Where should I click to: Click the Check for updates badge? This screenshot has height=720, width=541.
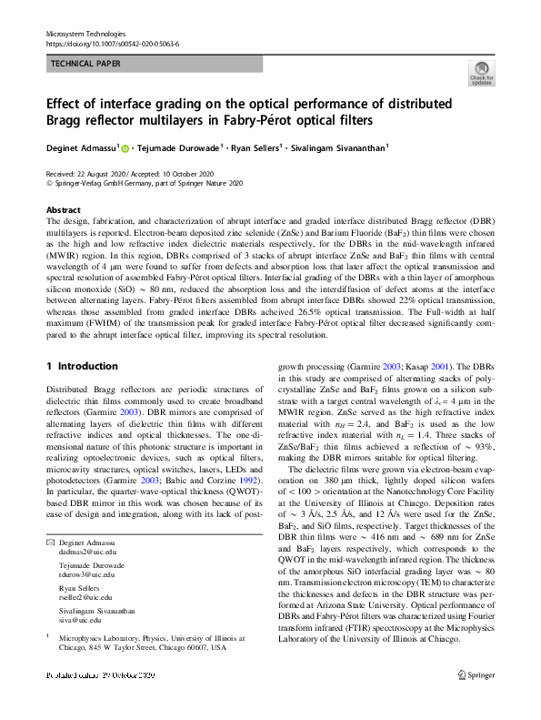tap(480, 73)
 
